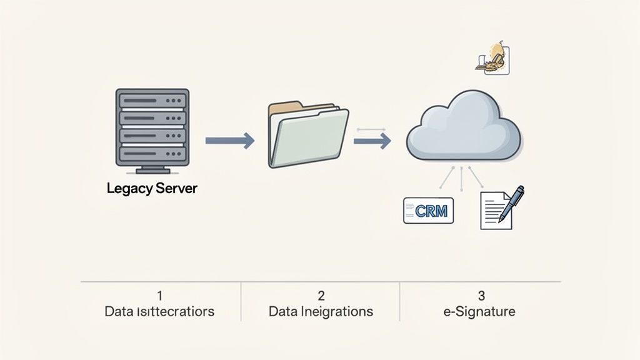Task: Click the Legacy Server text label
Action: tap(152, 188)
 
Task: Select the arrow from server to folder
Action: tap(229, 141)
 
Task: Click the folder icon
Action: tap(307, 135)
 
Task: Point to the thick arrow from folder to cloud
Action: tap(372, 141)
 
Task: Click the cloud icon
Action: tap(464, 127)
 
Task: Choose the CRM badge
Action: tap(429, 211)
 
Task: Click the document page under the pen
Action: tap(494, 211)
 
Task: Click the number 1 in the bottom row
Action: tap(159, 295)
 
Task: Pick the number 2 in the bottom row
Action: tap(321, 295)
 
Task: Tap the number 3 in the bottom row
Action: tap(481, 295)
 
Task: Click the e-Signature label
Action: tap(480, 311)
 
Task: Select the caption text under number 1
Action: tap(159, 311)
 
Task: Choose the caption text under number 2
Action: tap(321, 311)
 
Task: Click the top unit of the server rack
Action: tap(152, 100)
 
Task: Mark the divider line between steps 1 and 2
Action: tap(241, 301)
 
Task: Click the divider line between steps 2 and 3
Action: tap(400, 301)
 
